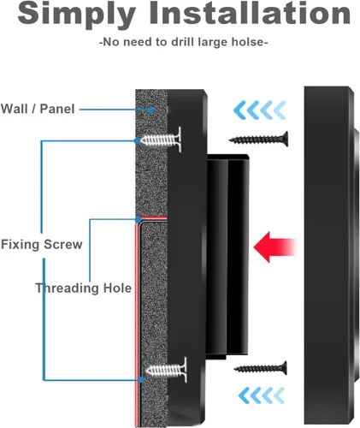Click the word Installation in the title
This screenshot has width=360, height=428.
coord(250,13)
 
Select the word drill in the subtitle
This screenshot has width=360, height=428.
coord(182,42)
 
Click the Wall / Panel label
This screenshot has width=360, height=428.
coord(38,109)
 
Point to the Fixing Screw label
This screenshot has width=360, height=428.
coord(42,245)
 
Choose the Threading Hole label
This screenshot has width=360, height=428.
coord(84,288)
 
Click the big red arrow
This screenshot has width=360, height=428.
coord(275,247)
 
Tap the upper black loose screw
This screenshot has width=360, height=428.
coord(258,140)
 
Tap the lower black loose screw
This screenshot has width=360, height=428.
coord(260,368)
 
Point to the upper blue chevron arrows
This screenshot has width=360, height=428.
coord(259,110)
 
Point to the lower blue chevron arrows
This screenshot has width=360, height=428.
coord(262,395)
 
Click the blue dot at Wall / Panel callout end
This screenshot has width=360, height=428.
coord(150,110)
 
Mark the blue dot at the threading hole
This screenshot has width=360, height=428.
coord(138,219)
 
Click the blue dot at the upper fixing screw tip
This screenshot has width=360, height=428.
coord(137,140)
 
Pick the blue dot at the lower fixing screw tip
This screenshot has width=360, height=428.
coord(141,379)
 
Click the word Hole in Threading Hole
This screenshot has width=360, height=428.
coord(117,288)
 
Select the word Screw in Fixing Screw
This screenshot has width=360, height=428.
coord(63,245)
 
